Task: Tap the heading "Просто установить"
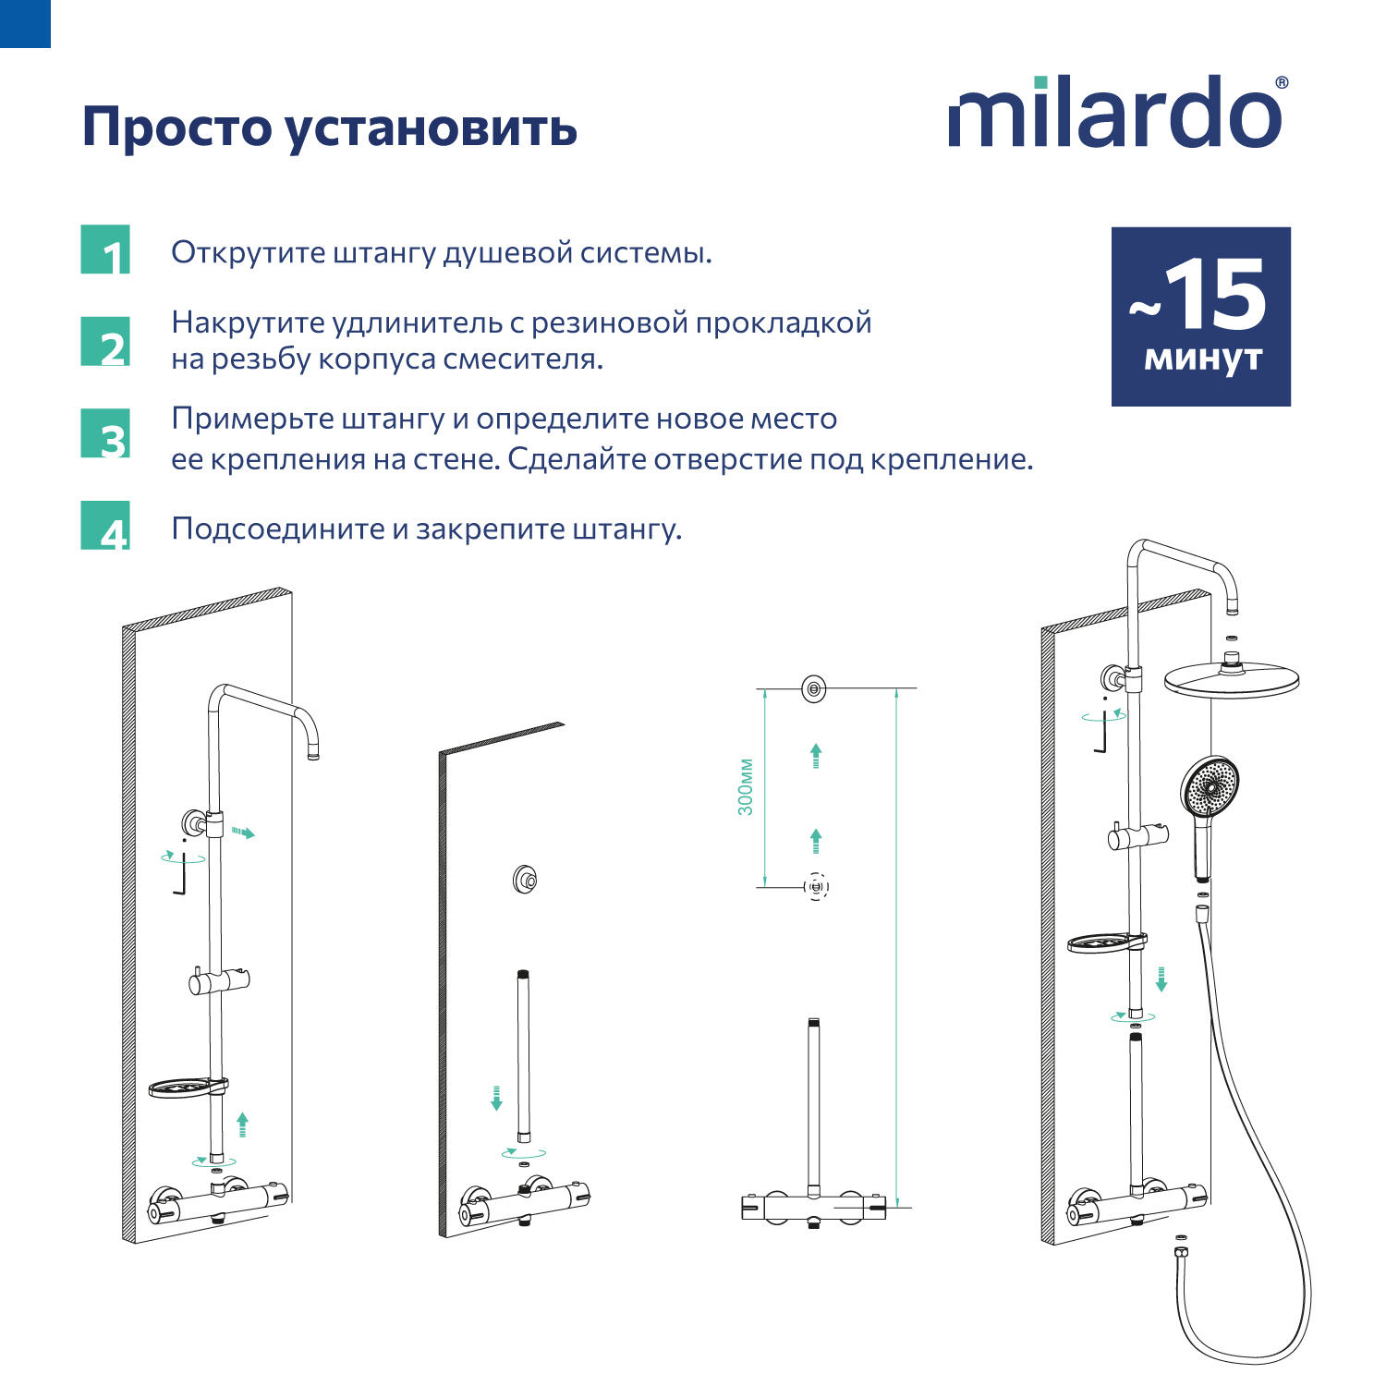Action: [x=330, y=128]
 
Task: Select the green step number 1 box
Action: [x=105, y=250]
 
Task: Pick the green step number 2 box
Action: [x=105, y=342]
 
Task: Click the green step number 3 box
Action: [x=105, y=434]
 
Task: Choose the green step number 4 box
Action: [x=105, y=526]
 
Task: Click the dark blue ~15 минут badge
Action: [x=1200, y=316]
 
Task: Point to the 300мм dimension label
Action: [x=746, y=787]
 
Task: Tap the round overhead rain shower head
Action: [x=1231, y=680]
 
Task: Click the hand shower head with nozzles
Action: [x=1209, y=786]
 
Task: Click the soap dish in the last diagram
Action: [x=1101, y=943]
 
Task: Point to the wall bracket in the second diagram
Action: [x=525, y=879]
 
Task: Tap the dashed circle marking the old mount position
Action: [x=816, y=887]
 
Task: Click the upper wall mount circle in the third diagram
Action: [x=813, y=688]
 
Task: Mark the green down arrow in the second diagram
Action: [x=496, y=1099]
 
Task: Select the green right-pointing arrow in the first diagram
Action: [x=243, y=833]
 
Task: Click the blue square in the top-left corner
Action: [x=25, y=23]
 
